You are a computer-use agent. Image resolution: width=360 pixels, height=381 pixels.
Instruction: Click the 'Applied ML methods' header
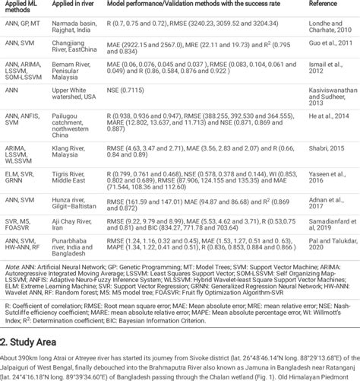point(23,8)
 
